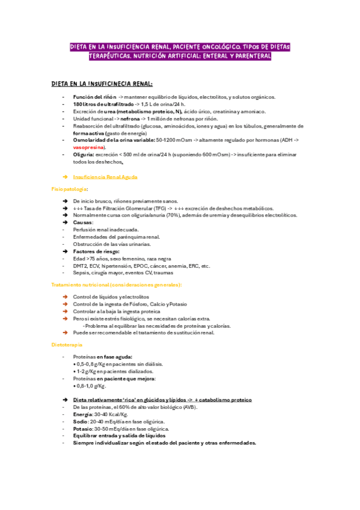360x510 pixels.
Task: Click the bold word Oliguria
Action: click(83, 155)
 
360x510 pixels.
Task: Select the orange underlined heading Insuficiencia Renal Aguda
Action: click(105, 177)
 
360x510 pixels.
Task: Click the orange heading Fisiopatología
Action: click(69, 189)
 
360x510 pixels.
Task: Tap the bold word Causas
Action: click(83, 222)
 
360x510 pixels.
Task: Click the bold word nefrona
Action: click(125, 118)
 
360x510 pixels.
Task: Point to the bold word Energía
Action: click(84, 414)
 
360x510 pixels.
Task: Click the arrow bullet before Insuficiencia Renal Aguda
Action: click(65, 177)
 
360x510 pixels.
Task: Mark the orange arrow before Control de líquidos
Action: click(65, 297)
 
